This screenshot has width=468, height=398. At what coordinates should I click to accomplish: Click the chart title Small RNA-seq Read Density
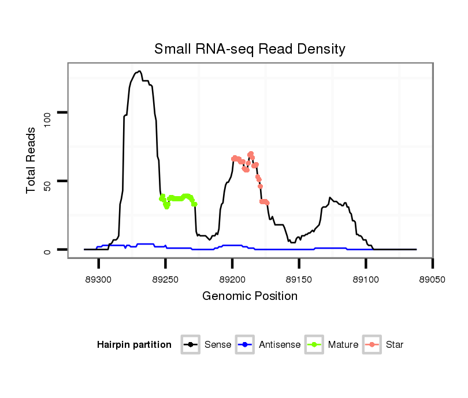click(x=250, y=49)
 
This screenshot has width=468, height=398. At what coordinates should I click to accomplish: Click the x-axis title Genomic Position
click(x=250, y=296)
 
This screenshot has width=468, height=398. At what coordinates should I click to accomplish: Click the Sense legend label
click(x=218, y=345)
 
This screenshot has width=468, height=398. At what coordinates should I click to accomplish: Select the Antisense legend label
click(x=280, y=345)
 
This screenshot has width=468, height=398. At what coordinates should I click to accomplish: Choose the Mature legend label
click(x=343, y=345)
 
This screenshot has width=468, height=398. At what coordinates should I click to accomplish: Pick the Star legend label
click(x=395, y=345)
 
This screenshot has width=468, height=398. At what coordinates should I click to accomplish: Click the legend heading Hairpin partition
click(x=134, y=345)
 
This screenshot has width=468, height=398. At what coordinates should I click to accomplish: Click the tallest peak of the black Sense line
click(x=139, y=72)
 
